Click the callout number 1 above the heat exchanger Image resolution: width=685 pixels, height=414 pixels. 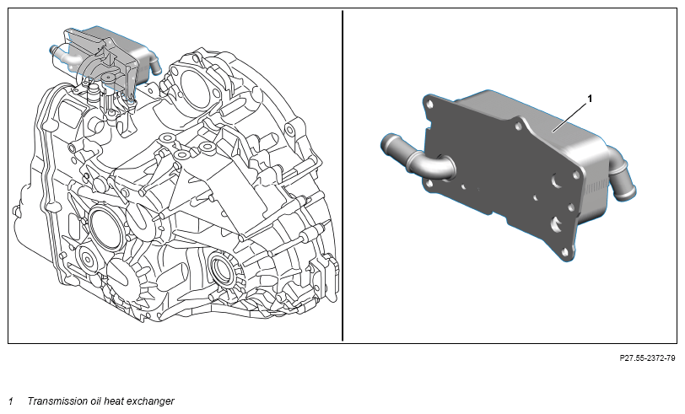pos(590,99)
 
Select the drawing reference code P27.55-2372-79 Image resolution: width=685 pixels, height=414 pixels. pos(647,358)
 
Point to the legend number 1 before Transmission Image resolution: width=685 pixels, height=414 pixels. pos(11,401)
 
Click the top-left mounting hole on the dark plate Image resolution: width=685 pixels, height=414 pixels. pos(430,105)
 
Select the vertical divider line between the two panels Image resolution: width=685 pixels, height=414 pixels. pos(342,175)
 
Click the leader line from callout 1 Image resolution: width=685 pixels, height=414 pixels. pos(569,116)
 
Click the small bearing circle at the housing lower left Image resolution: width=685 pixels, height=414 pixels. pos(88,261)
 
